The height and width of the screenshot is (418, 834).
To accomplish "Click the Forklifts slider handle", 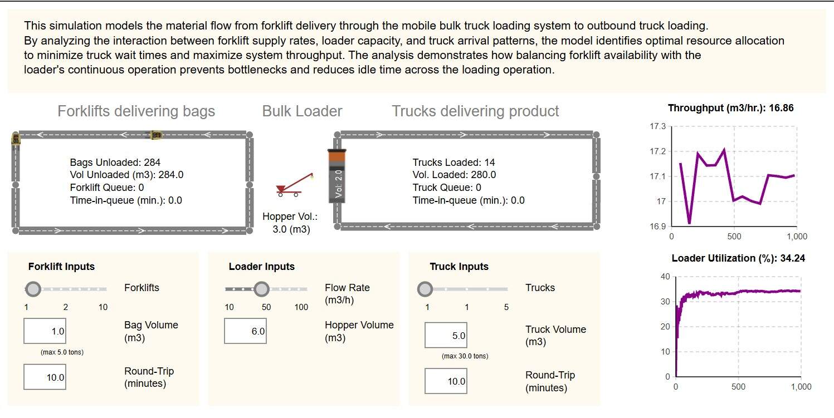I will click(x=33, y=289).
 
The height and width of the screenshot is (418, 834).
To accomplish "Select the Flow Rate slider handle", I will click(x=261, y=289).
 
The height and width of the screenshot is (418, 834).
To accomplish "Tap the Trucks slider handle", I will click(x=425, y=289).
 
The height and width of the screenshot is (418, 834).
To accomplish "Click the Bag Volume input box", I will click(x=45, y=331).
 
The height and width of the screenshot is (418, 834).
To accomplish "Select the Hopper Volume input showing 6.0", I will click(x=245, y=331).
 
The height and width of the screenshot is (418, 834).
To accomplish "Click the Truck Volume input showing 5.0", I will click(x=446, y=336).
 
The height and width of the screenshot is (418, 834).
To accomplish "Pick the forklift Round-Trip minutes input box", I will click(x=45, y=377).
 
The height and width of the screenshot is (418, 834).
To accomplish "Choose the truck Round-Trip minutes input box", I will click(x=446, y=381).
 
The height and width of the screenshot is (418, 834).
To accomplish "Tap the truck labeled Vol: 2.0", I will click(x=338, y=176).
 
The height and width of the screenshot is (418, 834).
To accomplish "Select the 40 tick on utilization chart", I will click(x=665, y=277).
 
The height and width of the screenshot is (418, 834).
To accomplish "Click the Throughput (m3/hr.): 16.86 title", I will click(x=730, y=108).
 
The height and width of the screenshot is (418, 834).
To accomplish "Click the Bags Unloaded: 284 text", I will click(x=115, y=163).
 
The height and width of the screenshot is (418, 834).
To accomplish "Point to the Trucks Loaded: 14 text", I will click(x=453, y=163).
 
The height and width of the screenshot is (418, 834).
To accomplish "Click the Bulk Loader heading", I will click(x=302, y=111).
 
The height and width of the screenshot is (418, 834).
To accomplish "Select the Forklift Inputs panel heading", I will click(x=61, y=267).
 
